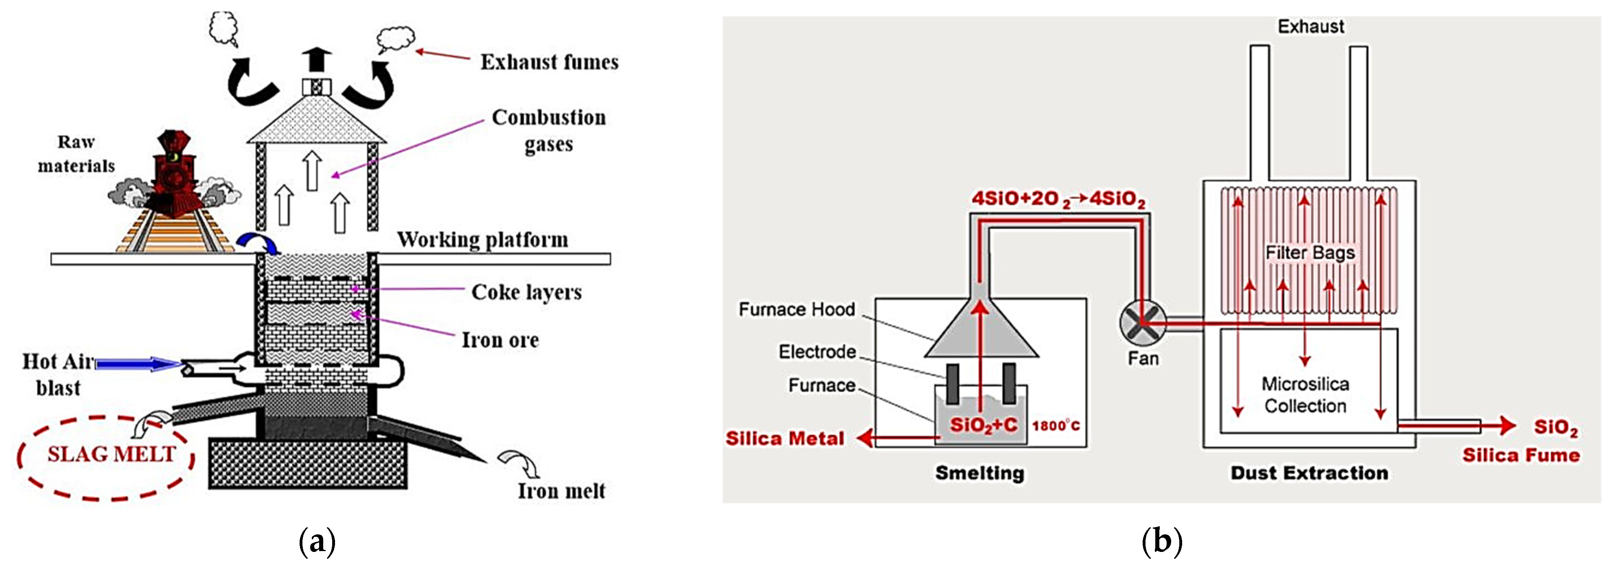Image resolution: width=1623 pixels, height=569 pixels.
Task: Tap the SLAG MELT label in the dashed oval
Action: pos(111,454)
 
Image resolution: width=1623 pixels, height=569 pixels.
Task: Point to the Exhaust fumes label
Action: pos(550,62)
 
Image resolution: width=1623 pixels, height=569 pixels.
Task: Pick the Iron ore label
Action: pos(500,340)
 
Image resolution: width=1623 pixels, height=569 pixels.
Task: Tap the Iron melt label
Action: pos(561,491)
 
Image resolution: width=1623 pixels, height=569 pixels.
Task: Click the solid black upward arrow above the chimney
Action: pos(318,61)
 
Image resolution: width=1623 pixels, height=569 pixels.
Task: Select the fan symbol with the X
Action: pos(1142,323)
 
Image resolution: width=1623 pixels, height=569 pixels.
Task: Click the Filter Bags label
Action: pos(1310,253)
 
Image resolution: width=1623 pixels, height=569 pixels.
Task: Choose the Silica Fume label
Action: pos(1521,455)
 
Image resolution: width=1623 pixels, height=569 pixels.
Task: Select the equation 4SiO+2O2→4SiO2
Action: pos(1058,199)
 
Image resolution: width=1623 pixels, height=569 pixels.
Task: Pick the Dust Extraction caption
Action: pos(1309,473)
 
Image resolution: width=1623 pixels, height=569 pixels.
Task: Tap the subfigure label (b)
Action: pos(1161,542)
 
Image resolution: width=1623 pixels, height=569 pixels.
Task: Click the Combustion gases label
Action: pos(549,130)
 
